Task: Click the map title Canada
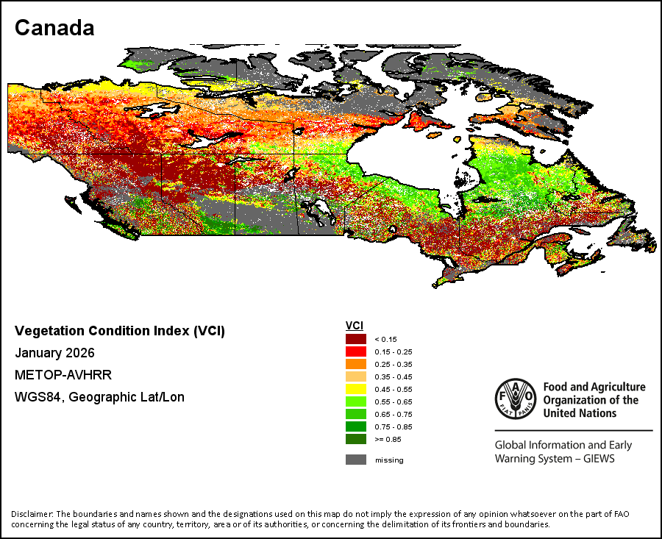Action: pyautogui.click(x=54, y=28)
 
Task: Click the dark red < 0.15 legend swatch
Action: pyautogui.click(x=356, y=339)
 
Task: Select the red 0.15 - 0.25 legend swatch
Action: pyautogui.click(x=356, y=351)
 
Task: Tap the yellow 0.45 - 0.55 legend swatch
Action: pyautogui.click(x=356, y=389)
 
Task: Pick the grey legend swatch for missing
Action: pyautogui.click(x=356, y=460)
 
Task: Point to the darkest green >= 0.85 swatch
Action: pyautogui.click(x=356, y=439)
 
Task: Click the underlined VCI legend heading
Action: pyautogui.click(x=355, y=326)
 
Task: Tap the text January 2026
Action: pyautogui.click(x=54, y=353)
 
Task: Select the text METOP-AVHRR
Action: pyautogui.click(x=63, y=375)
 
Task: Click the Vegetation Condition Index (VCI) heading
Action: pyautogui.click(x=120, y=331)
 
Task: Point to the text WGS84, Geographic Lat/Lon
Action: pyautogui.click(x=99, y=397)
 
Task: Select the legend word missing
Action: pyautogui.click(x=389, y=460)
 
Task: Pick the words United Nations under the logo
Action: pyautogui.click(x=580, y=413)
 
